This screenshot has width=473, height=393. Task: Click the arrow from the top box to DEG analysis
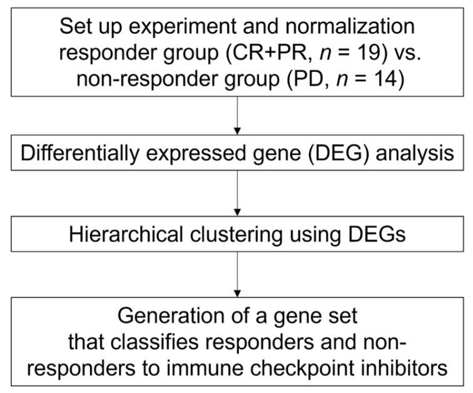[x=236, y=116]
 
